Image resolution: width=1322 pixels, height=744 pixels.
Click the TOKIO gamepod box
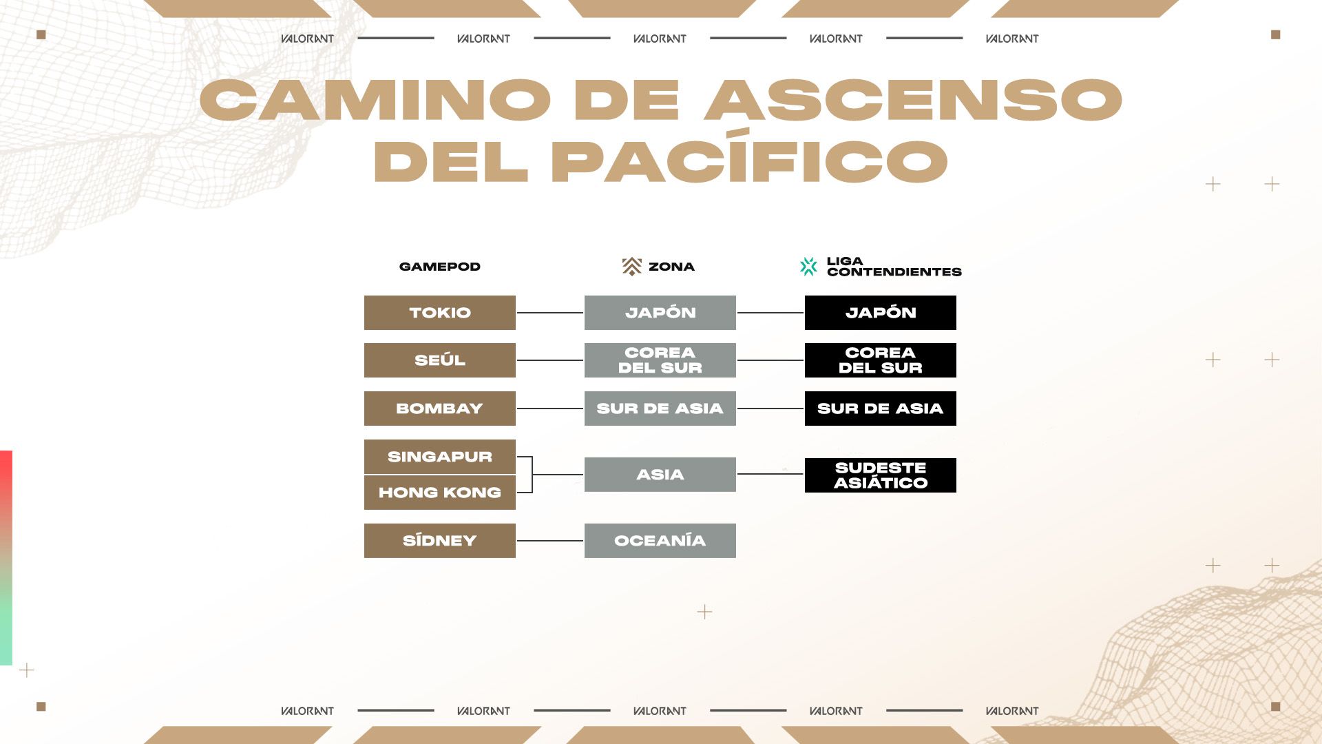click(x=439, y=313)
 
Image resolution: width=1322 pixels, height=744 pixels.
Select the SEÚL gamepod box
click(x=439, y=360)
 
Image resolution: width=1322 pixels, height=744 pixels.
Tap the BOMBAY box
click(x=439, y=409)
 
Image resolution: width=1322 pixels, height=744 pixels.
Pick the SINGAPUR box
click(x=439, y=457)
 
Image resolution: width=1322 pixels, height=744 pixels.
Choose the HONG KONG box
click(x=439, y=493)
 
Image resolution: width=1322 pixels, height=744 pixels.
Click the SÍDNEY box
click(x=439, y=541)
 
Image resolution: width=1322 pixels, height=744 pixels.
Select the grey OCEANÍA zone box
click(x=660, y=541)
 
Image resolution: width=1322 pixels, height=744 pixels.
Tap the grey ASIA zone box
click(x=660, y=475)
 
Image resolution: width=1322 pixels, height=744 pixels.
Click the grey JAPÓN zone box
click(x=660, y=313)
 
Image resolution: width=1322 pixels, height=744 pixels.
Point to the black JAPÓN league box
click(x=880, y=313)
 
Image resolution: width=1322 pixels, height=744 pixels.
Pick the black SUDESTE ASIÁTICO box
click(x=880, y=475)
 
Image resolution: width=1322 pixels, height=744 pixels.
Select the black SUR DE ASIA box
click(x=880, y=409)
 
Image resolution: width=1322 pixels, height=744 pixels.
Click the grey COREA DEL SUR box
click(x=660, y=360)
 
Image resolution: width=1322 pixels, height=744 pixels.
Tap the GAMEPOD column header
click(x=439, y=267)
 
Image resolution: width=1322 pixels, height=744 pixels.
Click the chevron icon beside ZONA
click(x=631, y=267)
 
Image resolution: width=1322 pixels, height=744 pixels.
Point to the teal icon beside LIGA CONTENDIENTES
click(x=808, y=267)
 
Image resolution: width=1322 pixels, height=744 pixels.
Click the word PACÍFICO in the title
click(x=749, y=161)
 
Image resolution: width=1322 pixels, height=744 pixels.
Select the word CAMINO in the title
click(x=375, y=100)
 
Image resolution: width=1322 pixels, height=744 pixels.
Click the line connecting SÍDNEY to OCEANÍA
click(x=549, y=541)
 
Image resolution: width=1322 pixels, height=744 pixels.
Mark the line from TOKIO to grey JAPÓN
click(x=549, y=313)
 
